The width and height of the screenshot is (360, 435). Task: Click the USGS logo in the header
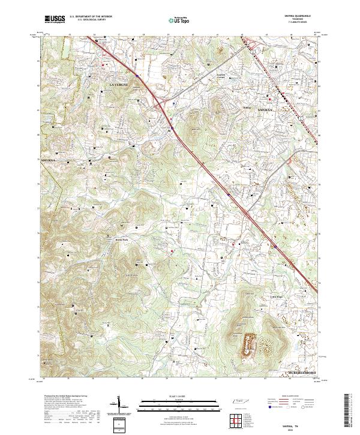pos(55,20)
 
